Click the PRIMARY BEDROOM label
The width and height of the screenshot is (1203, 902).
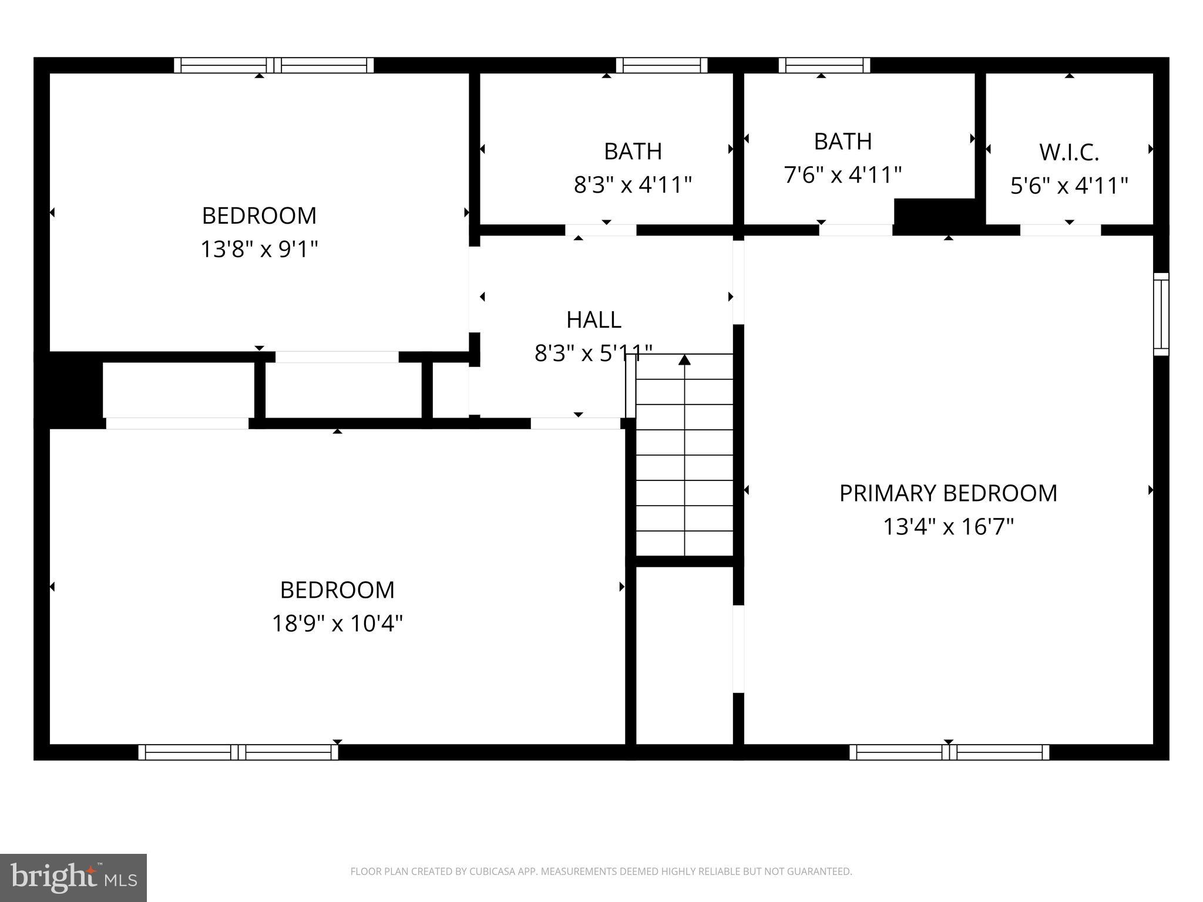coord(947,493)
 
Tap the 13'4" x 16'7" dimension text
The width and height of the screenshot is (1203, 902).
coord(948,527)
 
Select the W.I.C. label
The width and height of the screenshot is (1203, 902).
coord(1068,153)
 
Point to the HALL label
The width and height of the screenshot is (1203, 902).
coord(593,320)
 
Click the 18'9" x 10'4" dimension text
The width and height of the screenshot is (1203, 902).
coord(337,623)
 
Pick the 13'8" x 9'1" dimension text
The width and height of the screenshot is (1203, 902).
coord(259,249)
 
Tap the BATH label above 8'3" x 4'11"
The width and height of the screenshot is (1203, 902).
coord(633,152)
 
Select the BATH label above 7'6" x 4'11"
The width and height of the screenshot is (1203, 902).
coord(842,142)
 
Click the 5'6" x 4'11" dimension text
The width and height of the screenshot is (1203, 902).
coord(1068,186)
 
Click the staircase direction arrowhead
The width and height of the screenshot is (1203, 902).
coord(684,359)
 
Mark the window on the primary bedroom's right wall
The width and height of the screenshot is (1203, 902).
coord(1161,314)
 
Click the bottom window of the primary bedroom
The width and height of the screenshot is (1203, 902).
coord(949,752)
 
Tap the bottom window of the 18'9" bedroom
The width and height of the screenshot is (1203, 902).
coord(238,752)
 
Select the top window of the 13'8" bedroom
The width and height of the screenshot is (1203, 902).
coord(274,65)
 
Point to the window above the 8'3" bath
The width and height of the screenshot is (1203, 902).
coord(661,65)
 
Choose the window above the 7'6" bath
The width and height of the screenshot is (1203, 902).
coord(824,65)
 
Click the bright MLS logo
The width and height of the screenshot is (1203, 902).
coord(73,877)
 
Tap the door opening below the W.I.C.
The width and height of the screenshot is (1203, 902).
coord(1060,230)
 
